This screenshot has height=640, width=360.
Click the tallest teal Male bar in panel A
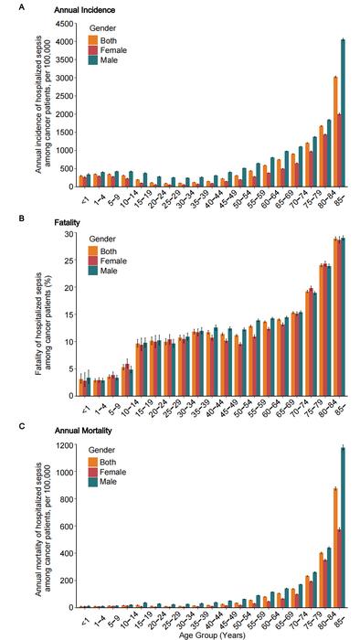pyautogui.click(x=343, y=110)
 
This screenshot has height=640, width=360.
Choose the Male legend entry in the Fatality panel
pyautogui.click(x=101, y=272)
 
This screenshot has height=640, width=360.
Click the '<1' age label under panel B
pyautogui.click(x=82, y=409)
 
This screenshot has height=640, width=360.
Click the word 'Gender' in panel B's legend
pyautogui.click(x=102, y=240)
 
